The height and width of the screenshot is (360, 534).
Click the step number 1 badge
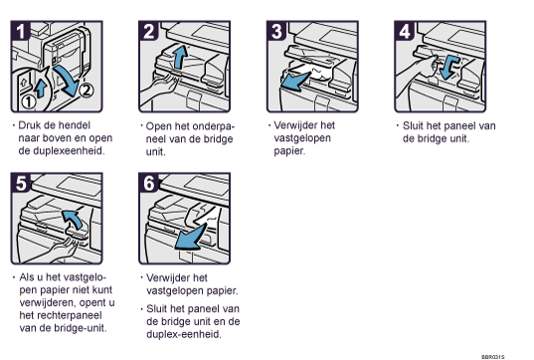click(21, 31)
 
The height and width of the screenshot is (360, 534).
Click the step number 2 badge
click(149, 31)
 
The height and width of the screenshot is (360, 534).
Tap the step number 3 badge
click(276, 31)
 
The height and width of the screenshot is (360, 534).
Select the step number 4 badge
click(405, 31)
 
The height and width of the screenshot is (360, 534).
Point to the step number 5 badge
click(21, 183)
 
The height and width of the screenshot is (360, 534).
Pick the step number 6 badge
click(149, 183)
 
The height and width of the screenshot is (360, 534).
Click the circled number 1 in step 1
click(29, 101)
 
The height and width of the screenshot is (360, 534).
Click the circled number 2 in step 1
click(87, 90)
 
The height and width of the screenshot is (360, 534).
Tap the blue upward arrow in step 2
click(180, 57)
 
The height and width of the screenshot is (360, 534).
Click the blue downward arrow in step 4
click(449, 67)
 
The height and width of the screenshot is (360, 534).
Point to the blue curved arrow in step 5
click(73, 218)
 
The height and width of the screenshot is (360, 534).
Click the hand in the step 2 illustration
click(159, 88)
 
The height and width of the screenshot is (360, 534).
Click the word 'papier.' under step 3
click(289, 151)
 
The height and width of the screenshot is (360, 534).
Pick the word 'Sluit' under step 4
click(413, 125)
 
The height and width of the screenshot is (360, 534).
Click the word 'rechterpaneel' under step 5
click(61, 315)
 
